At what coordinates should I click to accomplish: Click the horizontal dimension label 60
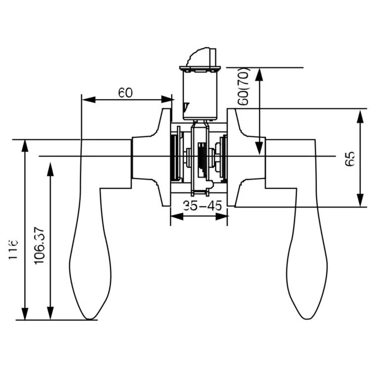tap(125, 92)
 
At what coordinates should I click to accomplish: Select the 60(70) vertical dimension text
tap(244, 86)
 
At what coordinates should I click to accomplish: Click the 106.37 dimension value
tap(40, 245)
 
